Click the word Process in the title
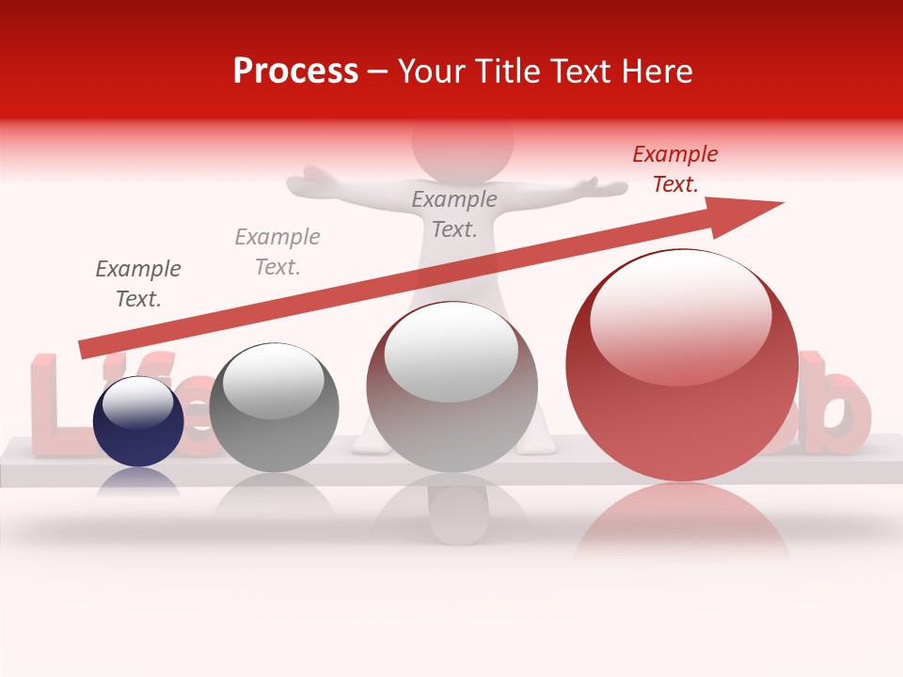coord(295,71)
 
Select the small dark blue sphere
coord(138,422)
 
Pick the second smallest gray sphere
coord(274,408)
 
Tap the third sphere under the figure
coord(451,387)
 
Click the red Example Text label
coord(674,169)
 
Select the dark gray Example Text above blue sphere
coord(138,284)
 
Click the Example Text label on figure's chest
coord(454,213)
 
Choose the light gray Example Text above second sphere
coord(277,252)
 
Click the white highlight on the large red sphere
coord(680,306)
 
